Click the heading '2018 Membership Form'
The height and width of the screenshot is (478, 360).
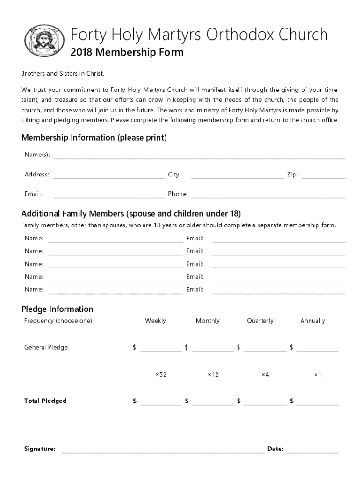tap(127, 52)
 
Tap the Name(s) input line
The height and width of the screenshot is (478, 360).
tap(199, 158)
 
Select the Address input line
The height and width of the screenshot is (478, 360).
tap(109, 177)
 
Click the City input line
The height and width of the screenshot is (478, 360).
tap(237, 177)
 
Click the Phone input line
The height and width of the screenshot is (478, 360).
tap(268, 197)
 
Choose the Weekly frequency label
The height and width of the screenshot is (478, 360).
tap(155, 321)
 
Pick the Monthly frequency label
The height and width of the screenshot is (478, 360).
tap(208, 321)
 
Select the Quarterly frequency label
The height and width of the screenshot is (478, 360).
tap(260, 321)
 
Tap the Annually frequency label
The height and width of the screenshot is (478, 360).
tap(312, 321)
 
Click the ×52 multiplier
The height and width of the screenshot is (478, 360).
tap(161, 374)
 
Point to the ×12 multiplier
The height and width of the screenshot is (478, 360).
tap(213, 374)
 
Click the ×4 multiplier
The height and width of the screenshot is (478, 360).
tap(265, 374)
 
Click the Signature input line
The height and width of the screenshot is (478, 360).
tap(163, 451)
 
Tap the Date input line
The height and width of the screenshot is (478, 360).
tap(312, 451)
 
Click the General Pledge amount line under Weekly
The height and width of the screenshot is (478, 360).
tap(161, 351)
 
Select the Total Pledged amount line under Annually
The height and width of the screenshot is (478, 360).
tap(317, 404)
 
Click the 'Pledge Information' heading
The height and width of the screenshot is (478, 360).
tap(57, 309)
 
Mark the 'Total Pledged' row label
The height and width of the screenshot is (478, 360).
tap(45, 401)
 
